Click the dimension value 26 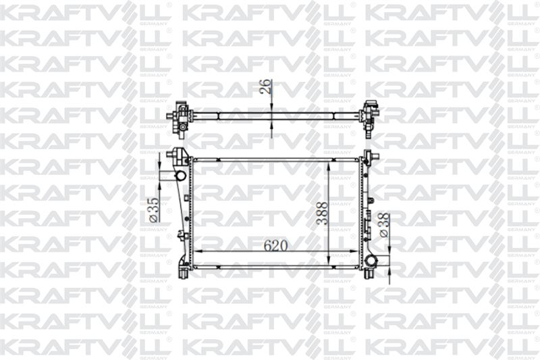[x=267, y=86]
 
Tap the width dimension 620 [x=275, y=245]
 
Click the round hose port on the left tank [x=180, y=176]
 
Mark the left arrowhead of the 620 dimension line [x=197, y=251]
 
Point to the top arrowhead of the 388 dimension [x=329, y=164]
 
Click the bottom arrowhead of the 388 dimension [x=329, y=263]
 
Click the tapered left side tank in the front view [x=183, y=216]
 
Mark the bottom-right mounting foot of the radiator [x=368, y=274]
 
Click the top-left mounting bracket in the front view [x=180, y=155]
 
